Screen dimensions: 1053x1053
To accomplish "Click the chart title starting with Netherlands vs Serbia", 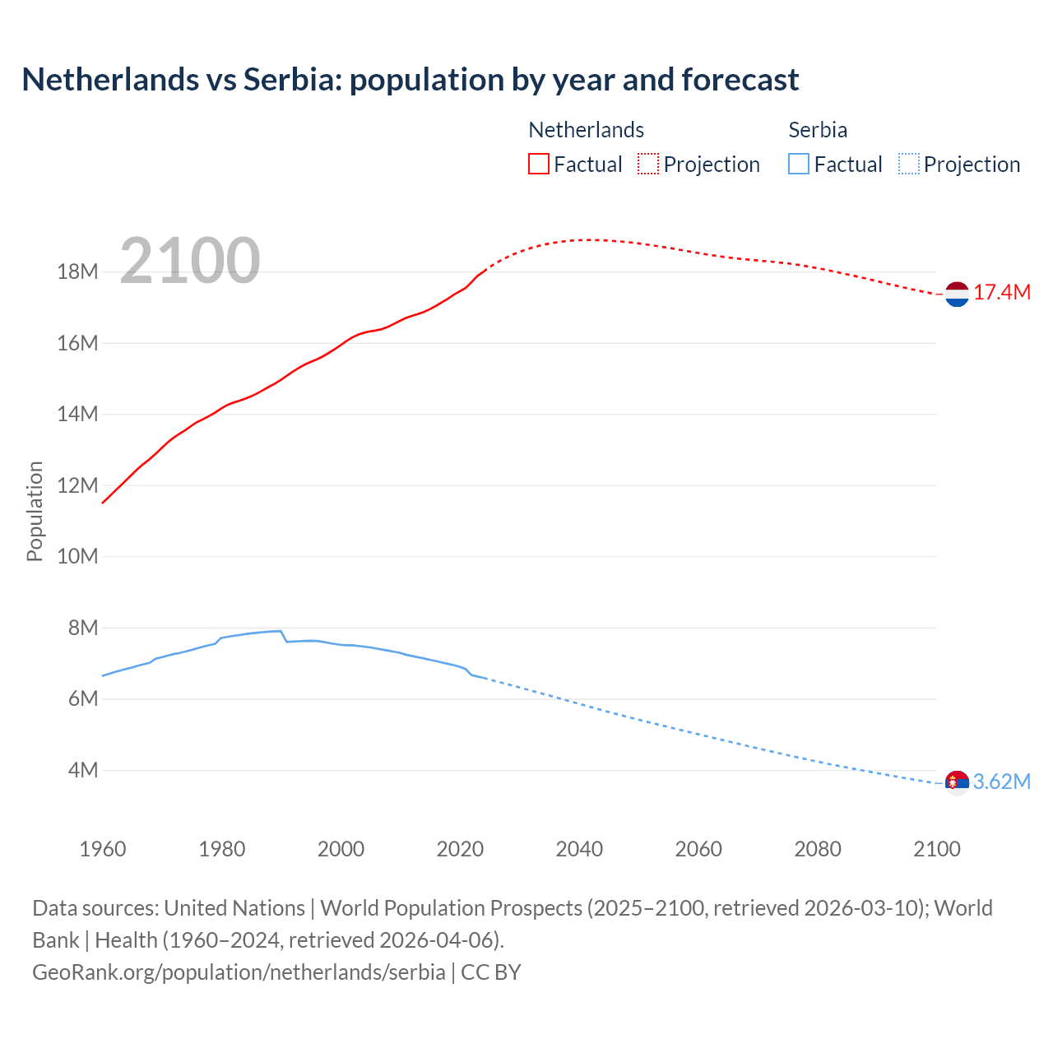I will pyautogui.click(x=410, y=80).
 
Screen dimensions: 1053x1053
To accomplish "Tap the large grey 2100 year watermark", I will pyautogui.click(x=190, y=261).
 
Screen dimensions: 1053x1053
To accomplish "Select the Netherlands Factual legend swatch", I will pyautogui.click(x=538, y=164).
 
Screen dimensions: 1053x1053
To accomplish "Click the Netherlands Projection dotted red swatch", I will pyautogui.click(x=648, y=164).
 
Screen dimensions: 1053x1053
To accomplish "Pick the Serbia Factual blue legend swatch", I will pyautogui.click(x=798, y=164).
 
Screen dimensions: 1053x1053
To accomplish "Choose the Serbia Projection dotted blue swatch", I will pyautogui.click(x=908, y=164).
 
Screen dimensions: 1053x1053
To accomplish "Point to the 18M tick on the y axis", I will pyautogui.click(x=77, y=271).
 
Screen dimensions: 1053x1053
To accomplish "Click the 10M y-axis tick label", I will pyautogui.click(x=77, y=556).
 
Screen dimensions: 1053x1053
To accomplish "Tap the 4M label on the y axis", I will pyautogui.click(x=83, y=770).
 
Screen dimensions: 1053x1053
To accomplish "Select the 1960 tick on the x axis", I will pyautogui.click(x=103, y=849).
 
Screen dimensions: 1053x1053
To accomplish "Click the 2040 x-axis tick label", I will pyautogui.click(x=579, y=849).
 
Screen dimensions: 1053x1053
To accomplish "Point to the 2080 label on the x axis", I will pyautogui.click(x=818, y=849).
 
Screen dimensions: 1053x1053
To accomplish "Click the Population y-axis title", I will pyautogui.click(x=35, y=511).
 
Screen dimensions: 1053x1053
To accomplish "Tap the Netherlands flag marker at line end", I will pyautogui.click(x=957, y=294).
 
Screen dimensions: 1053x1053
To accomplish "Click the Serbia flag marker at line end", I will pyautogui.click(x=957, y=782).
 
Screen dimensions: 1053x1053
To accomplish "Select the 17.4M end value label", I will pyautogui.click(x=1002, y=293).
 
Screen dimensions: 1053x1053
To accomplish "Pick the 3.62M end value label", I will pyautogui.click(x=1002, y=782).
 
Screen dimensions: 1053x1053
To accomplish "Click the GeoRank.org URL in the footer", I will pyautogui.click(x=239, y=972).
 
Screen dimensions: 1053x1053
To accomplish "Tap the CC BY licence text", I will pyautogui.click(x=491, y=972).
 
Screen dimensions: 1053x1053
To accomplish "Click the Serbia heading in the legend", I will pyautogui.click(x=818, y=130).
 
